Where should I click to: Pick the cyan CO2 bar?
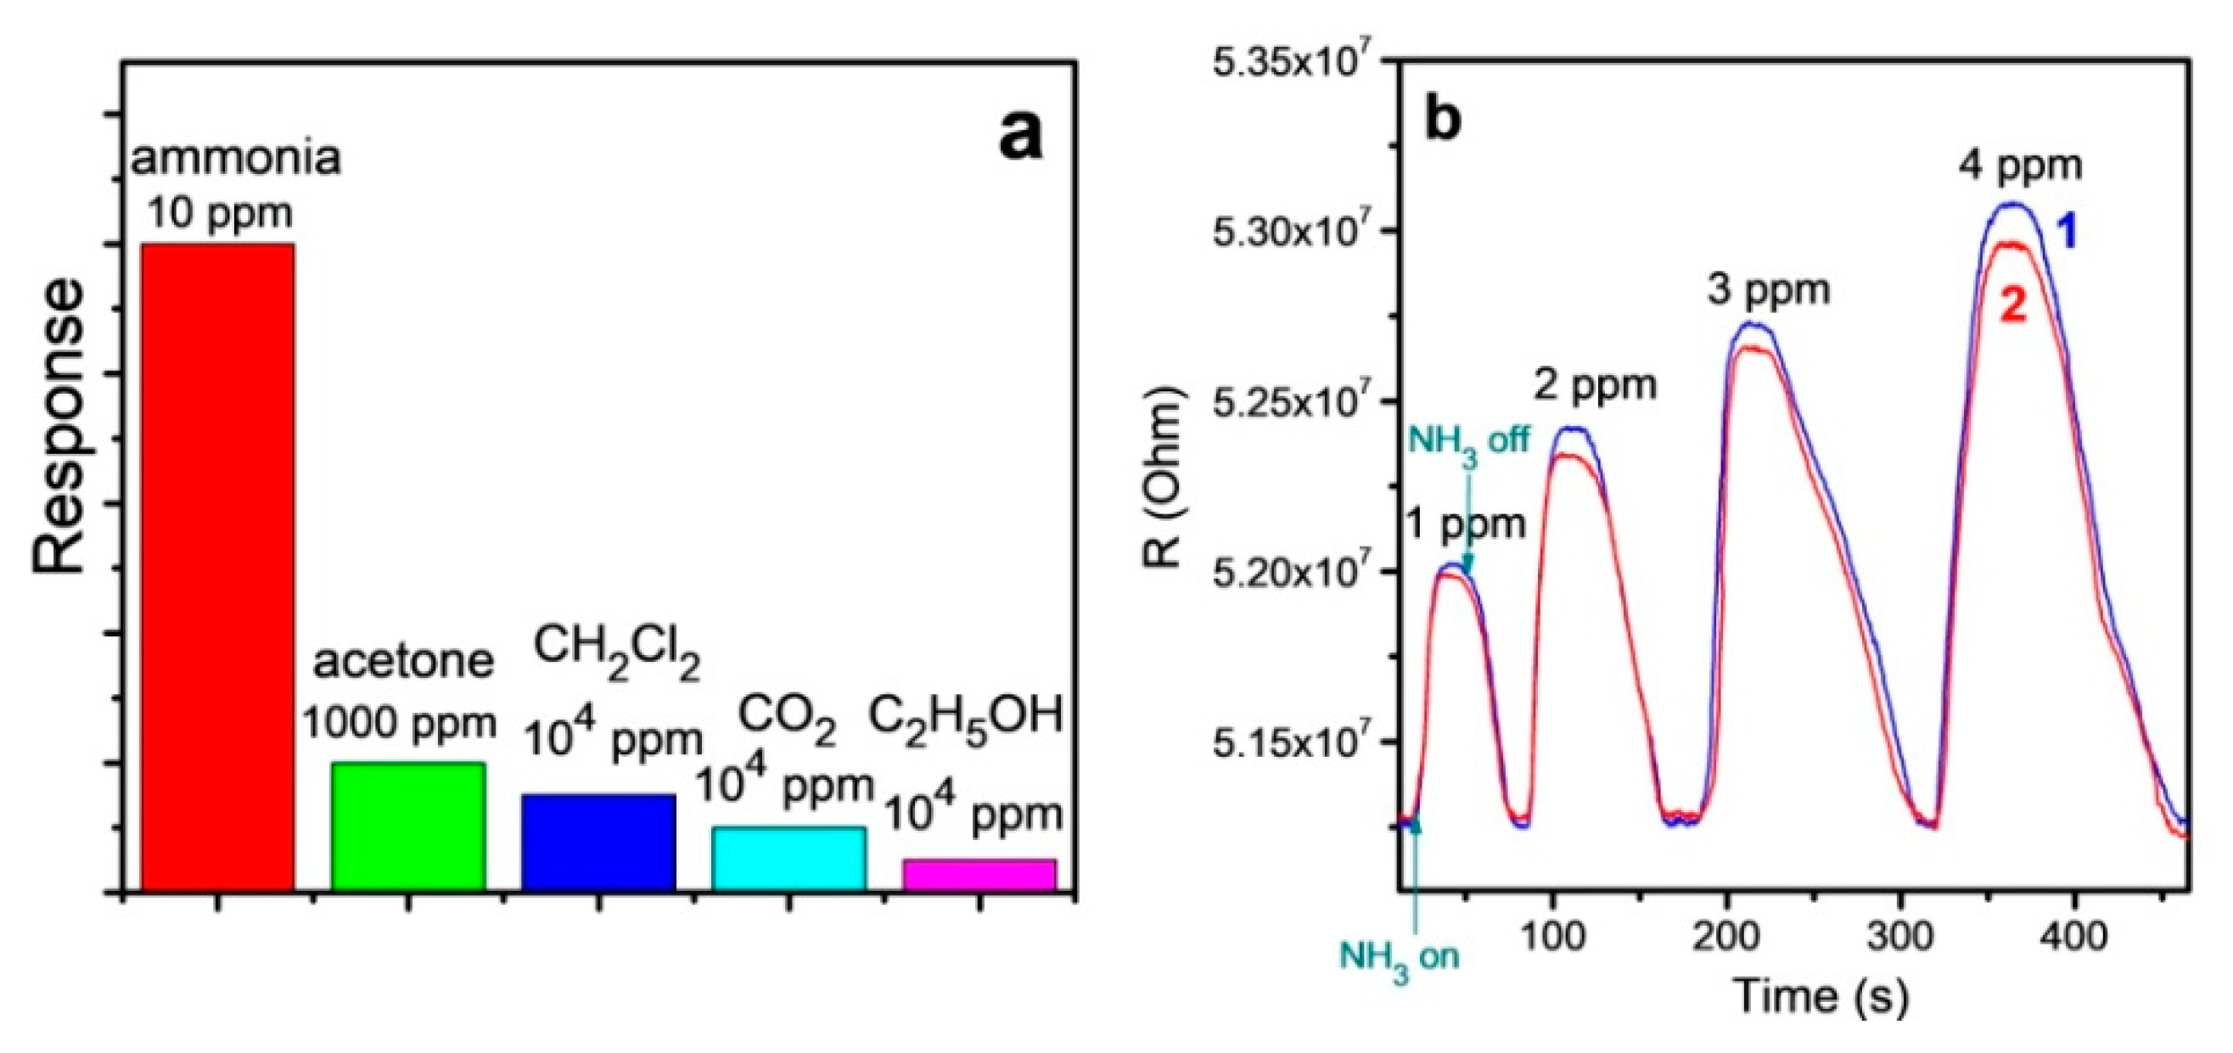[788, 858]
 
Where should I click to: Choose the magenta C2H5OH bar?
[979, 875]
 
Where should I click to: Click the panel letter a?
[1020, 136]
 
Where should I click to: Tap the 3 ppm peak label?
[1769, 289]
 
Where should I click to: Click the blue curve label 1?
[2067, 233]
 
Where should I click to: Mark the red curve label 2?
[2014, 307]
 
